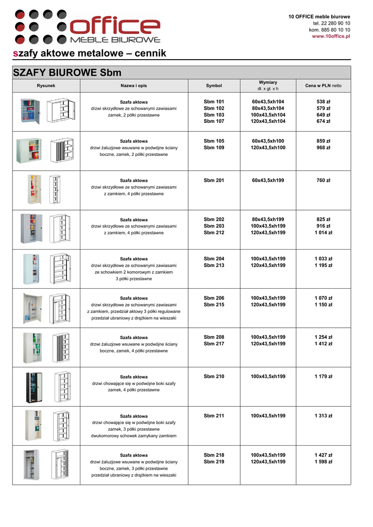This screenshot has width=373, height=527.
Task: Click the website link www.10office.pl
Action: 331,37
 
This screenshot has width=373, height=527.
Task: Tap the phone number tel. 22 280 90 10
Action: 331,24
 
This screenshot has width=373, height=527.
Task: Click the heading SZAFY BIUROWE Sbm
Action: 67,73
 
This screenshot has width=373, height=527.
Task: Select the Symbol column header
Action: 214,85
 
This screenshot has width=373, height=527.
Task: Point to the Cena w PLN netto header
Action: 323,85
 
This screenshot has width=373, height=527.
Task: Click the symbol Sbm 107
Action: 214,121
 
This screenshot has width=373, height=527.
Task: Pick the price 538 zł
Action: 323,102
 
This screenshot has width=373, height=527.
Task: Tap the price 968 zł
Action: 323,148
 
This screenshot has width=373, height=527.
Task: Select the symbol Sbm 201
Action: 214,181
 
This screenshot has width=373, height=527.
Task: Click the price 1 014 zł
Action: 323,233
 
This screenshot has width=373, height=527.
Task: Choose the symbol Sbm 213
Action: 214,266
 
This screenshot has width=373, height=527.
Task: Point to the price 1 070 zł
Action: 323,298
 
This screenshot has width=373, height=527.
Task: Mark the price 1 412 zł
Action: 323,344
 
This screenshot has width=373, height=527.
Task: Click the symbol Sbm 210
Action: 214,377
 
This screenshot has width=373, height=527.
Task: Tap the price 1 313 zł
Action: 323,416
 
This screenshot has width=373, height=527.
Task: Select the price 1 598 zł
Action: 323,462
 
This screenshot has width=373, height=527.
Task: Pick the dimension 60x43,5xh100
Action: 268,141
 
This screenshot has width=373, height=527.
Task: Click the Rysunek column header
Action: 46,85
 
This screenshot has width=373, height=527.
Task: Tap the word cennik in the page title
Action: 149,54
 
